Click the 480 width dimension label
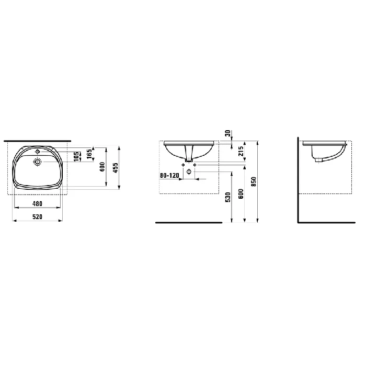point(37,204)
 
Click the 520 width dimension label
point(37,217)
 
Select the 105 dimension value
point(76,156)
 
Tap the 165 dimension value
point(89,154)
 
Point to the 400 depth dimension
point(102,167)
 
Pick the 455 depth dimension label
point(116,168)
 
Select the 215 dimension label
point(241,151)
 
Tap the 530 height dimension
point(228,197)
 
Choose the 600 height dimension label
point(241,194)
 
